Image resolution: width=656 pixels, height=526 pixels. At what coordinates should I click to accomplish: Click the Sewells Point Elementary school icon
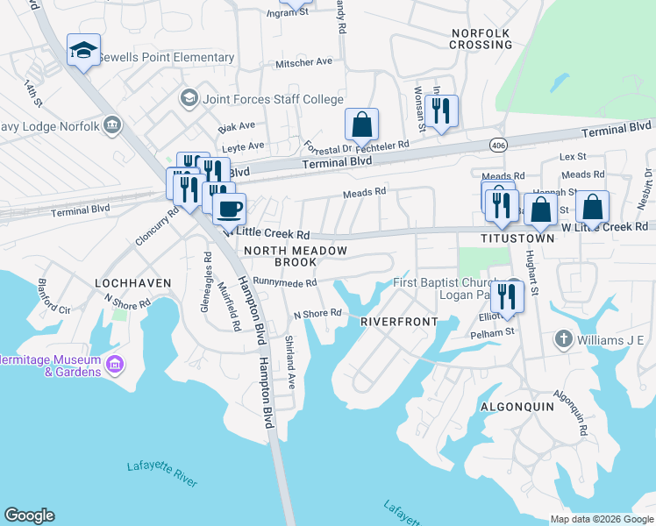coord(84,51)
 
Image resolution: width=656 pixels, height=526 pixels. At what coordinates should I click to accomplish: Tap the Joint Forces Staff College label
coord(273,99)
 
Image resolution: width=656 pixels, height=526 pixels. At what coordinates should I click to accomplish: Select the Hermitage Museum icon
coord(114,364)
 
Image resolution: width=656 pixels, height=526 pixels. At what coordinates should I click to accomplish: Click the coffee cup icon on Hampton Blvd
coord(230,210)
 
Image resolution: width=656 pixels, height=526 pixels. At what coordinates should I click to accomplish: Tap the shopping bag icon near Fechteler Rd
coord(361,125)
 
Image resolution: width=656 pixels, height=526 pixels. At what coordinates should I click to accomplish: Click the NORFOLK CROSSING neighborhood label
coord(480,39)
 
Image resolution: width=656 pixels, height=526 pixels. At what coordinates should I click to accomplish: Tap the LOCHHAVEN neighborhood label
coord(131,283)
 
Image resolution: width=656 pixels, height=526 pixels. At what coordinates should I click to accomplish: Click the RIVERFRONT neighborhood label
coord(399,322)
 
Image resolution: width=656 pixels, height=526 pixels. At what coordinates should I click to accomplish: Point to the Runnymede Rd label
coord(284,282)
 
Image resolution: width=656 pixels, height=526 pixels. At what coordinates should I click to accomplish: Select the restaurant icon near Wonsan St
coord(441,111)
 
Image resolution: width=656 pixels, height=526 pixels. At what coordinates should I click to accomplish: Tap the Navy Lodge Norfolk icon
coord(111,125)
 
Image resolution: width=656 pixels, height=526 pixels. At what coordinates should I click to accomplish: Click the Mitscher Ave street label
coord(304,62)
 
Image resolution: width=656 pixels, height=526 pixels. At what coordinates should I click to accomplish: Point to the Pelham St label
coord(491,333)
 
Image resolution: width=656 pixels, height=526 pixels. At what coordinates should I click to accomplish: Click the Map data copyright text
coord(601,519)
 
